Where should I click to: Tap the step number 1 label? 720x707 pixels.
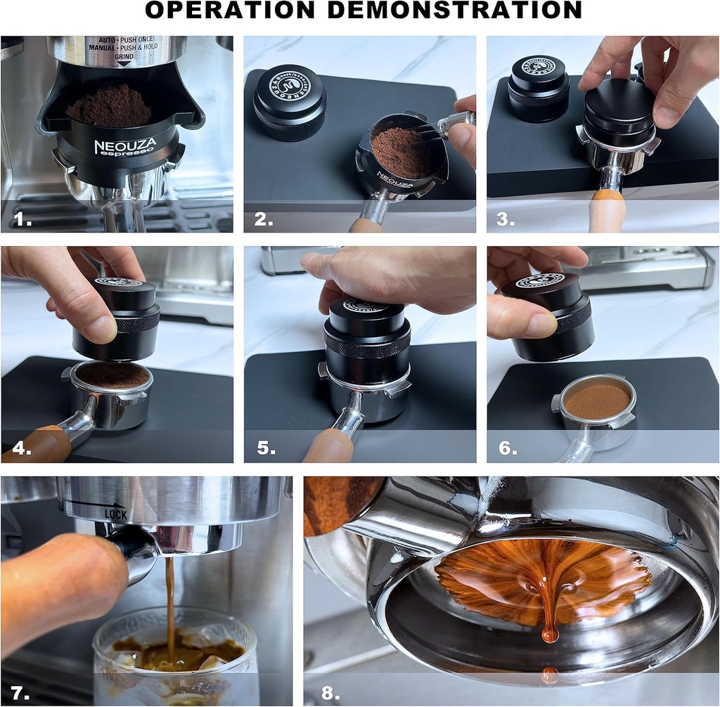pyautogui.click(x=23, y=219)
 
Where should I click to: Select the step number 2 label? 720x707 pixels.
pyautogui.click(x=264, y=219)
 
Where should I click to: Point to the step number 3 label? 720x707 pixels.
pyautogui.click(x=506, y=219)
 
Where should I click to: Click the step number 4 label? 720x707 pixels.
pyautogui.click(x=22, y=448)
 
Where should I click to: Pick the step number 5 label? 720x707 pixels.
pyautogui.click(x=266, y=448)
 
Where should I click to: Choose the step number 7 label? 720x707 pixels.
pyautogui.click(x=21, y=692)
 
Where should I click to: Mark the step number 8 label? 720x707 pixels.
pyautogui.click(x=330, y=692)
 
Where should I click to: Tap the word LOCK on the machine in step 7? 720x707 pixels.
pyautogui.click(x=115, y=514)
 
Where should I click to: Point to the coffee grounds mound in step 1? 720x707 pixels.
pyautogui.click(x=109, y=107)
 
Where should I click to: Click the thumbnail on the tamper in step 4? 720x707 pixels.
pyautogui.click(x=102, y=329)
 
